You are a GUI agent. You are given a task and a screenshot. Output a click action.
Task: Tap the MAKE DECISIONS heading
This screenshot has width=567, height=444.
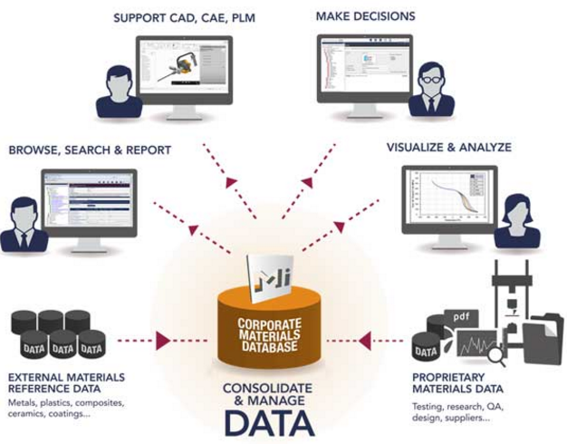point(366,16)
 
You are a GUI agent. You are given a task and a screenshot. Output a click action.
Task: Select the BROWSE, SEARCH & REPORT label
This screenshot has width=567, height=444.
point(90,150)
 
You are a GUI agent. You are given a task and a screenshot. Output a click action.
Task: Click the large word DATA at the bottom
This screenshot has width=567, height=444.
point(270,422)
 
